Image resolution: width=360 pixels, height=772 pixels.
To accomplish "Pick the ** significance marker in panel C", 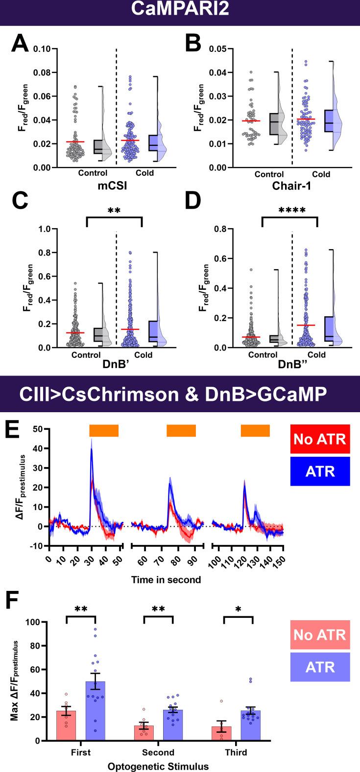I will [x=114, y=211].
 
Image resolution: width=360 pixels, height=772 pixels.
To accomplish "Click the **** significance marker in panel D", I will [x=289, y=211].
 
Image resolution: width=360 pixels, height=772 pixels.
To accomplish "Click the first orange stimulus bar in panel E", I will [x=104, y=430].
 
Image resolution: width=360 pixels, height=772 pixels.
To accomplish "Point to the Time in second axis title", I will [x=166, y=579].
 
